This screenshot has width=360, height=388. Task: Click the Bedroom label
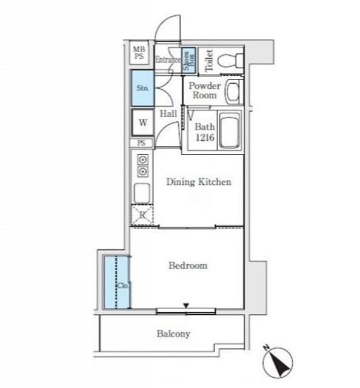tap(188, 266)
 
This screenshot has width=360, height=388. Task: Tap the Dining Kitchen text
tap(199, 182)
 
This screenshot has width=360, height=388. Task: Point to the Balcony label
tap(173, 334)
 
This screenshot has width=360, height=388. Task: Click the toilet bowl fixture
tap(230, 60)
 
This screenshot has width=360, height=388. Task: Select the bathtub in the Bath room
tap(230, 130)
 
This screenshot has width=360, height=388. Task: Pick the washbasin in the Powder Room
tap(233, 92)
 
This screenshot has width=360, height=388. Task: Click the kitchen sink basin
tap(142, 193)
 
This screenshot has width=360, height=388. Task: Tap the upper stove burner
tap(143, 160)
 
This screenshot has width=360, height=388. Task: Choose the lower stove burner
tap(143, 172)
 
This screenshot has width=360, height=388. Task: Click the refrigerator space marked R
tap(142, 215)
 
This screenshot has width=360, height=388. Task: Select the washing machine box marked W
tap(143, 122)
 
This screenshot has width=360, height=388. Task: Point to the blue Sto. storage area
tap(142, 88)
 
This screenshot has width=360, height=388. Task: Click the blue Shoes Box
tap(188, 59)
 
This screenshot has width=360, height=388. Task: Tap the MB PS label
tap(139, 53)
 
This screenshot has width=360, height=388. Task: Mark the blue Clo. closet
tap(117, 283)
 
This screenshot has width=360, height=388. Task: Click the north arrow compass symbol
tap(278, 363)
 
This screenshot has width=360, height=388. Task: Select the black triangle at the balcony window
tap(186, 306)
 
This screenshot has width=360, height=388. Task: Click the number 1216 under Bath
tap(205, 138)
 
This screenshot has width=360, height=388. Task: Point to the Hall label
tap(168, 114)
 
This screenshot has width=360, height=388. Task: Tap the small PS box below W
tap(141, 143)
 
